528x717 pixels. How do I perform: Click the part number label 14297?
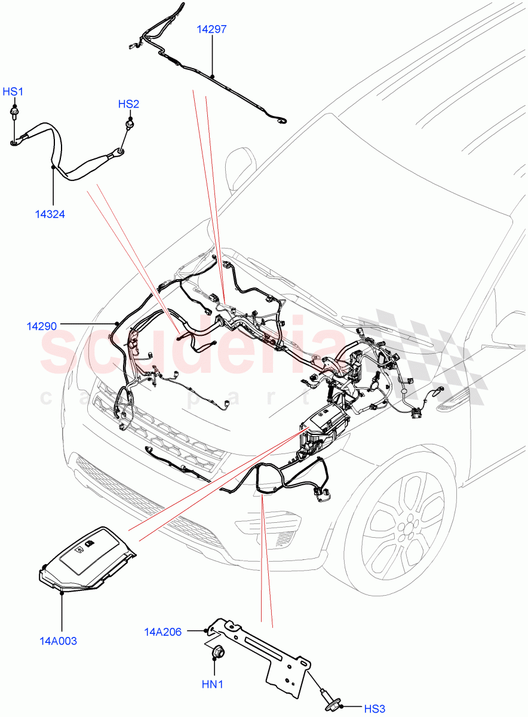point(213,29)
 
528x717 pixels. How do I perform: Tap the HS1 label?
point(13,91)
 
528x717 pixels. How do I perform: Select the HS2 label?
point(128,104)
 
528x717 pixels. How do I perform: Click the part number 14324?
point(50,214)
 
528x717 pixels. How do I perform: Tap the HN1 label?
point(211,684)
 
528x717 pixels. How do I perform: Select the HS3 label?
point(374,709)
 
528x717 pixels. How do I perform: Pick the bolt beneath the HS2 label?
point(128,124)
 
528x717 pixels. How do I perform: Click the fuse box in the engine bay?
point(326,427)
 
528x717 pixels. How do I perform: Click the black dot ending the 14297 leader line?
point(213,76)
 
